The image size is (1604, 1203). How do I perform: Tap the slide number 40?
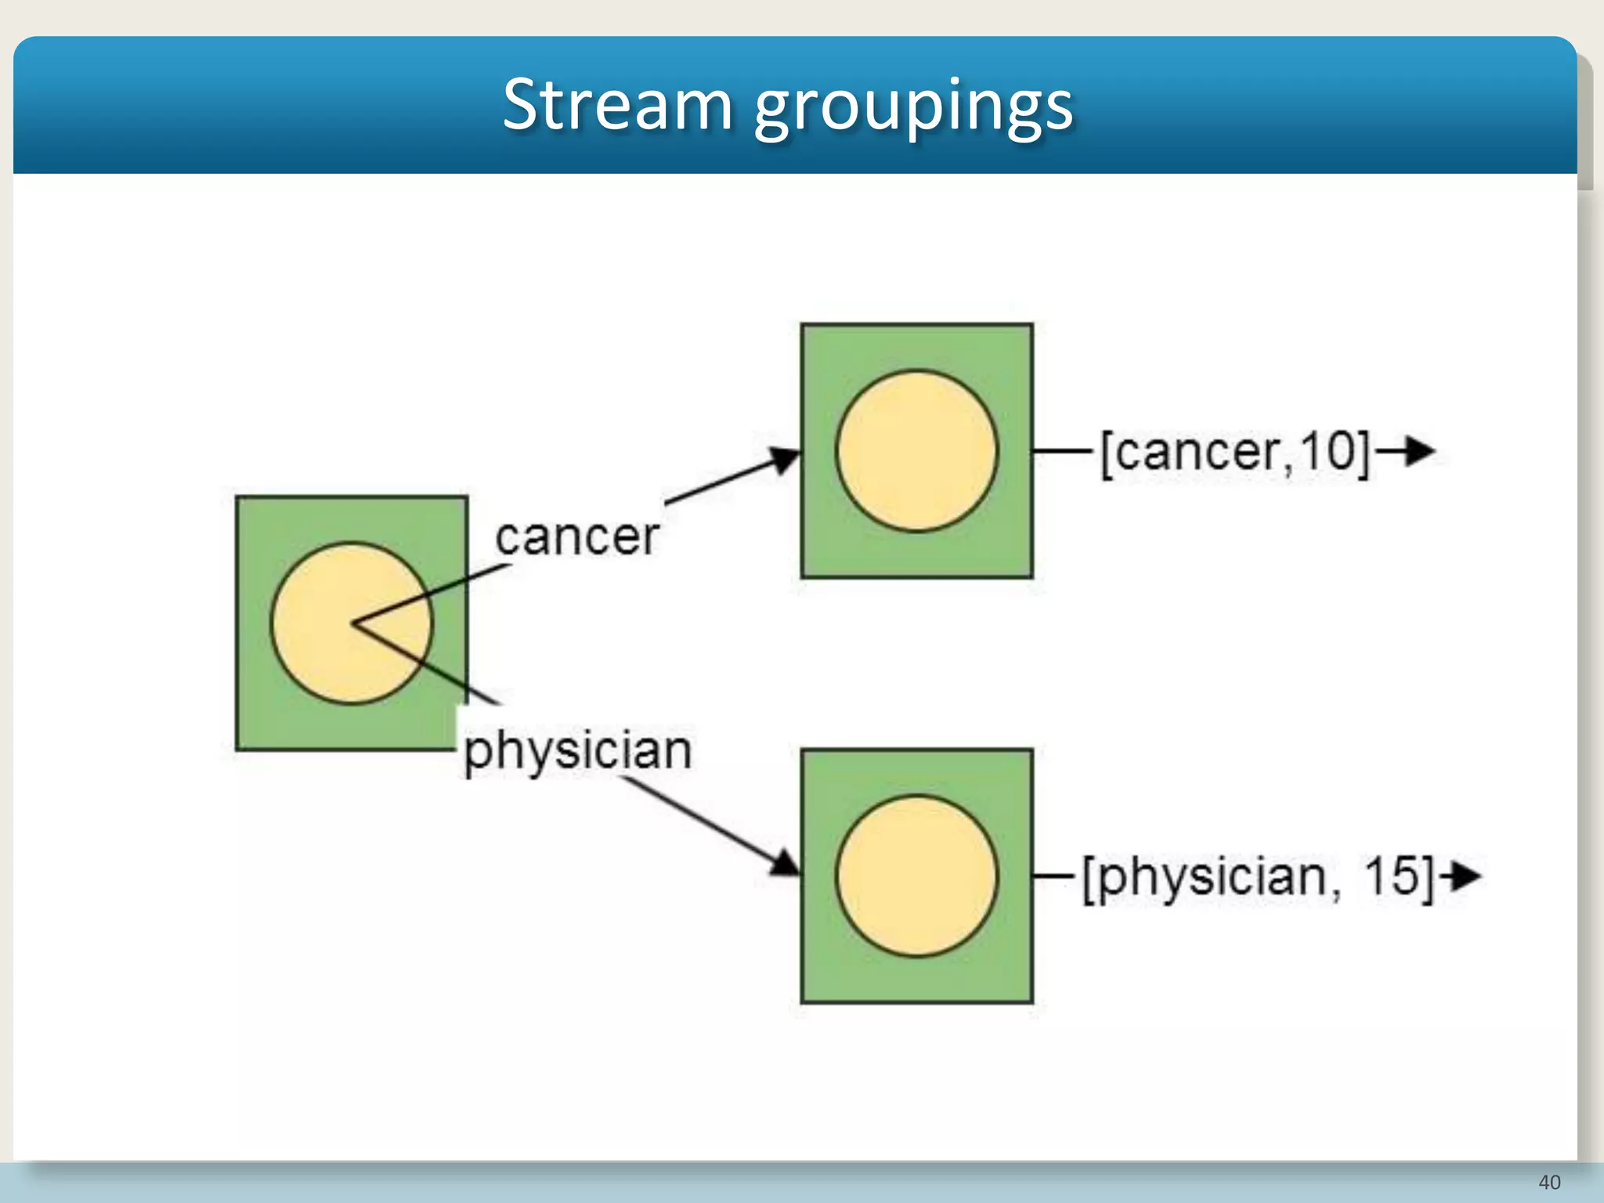[1549, 1182]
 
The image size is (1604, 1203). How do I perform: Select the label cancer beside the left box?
[577, 537]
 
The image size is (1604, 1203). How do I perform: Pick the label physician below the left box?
[578, 750]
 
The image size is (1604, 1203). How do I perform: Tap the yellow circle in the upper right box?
[916, 451]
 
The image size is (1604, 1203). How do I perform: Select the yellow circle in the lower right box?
[916, 876]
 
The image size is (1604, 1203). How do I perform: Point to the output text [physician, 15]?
[1258, 876]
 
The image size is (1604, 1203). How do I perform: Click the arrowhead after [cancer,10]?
[1419, 451]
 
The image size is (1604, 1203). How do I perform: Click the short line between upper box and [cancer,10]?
[1062, 451]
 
